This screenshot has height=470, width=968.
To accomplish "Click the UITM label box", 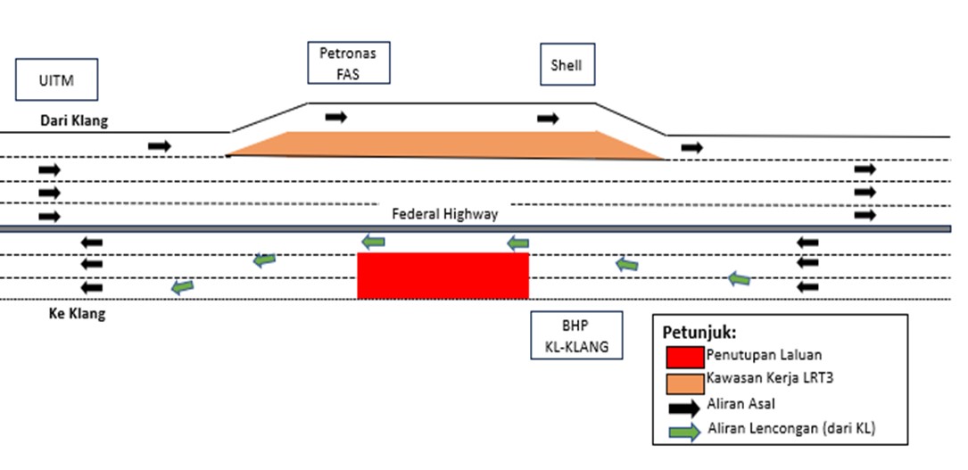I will [x=56, y=81].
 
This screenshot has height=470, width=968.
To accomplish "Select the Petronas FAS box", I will [x=348, y=62].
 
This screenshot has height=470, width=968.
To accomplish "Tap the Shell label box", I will [x=567, y=65].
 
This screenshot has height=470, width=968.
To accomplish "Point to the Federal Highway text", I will [x=444, y=214].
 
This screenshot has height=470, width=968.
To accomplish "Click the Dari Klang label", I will [x=73, y=121].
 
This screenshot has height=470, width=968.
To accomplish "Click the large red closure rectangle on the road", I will [x=443, y=276].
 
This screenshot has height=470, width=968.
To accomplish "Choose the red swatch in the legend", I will [x=684, y=356].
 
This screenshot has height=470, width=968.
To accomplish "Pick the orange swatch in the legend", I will [x=684, y=382].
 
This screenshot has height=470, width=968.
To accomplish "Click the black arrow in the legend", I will [x=684, y=407].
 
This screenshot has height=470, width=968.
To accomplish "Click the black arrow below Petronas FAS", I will [x=336, y=117].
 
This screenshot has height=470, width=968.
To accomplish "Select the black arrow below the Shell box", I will [x=548, y=119].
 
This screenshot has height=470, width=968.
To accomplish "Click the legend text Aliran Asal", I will [x=743, y=404].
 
